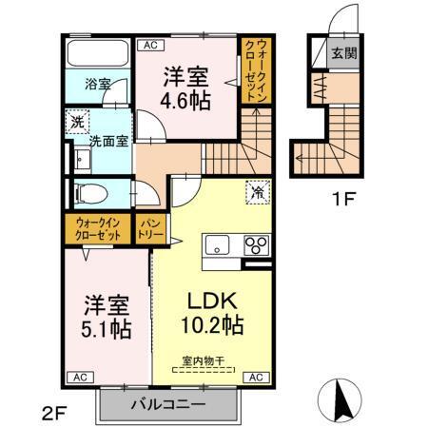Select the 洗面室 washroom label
click(x=108, y=142)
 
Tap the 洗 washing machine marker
click(x=75, y=123)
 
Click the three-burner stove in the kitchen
click(x=256, y=244)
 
